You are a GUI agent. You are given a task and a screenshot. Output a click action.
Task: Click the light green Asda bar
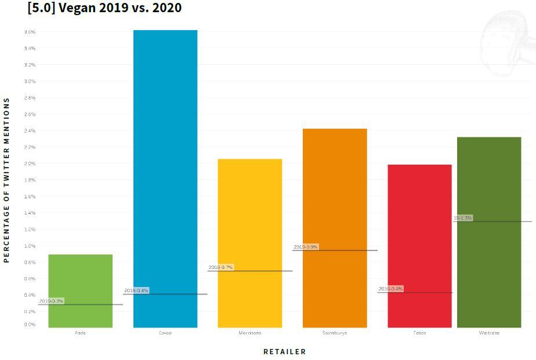tap(80, 278)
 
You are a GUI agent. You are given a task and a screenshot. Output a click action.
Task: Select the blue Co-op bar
tap(165, 174)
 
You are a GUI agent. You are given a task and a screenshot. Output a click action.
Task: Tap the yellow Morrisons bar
tap(249, 232)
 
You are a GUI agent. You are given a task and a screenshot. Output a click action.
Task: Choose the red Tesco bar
tap(419, 232)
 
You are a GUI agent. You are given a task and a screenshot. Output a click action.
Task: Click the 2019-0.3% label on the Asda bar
tap(52, 301)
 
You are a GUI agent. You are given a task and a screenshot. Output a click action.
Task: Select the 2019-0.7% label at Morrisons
tap(220, 267)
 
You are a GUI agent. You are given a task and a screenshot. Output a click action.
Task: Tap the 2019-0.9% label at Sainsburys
tap(306, 247)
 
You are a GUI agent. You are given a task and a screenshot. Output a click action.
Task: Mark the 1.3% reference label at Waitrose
tap(463, 218)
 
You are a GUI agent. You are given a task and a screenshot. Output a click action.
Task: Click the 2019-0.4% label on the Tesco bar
tap(390, 289)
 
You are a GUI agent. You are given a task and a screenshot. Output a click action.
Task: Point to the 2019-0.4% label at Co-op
tap(136, 290)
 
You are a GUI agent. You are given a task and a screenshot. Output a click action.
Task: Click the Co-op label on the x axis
tap(165, 333)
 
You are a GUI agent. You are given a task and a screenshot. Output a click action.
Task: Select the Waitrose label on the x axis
tap(489, 333)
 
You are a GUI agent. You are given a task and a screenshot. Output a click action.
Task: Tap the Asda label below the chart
tap(80, 333)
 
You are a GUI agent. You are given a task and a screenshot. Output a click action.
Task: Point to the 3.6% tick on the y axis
tap(30, 32)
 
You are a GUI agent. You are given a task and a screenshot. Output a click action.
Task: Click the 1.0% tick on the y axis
tap(30, 246)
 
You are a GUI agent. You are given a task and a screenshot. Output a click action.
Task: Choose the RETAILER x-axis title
tap(284, 351)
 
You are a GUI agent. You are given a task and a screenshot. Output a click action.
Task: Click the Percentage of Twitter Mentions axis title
tap(7, 180)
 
